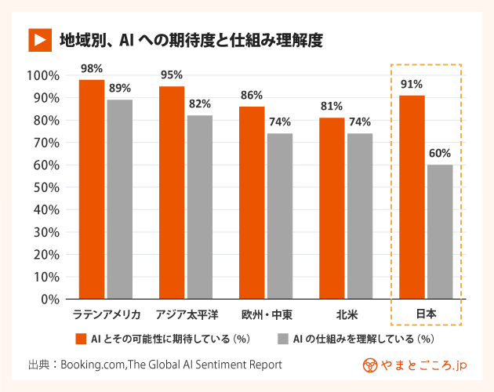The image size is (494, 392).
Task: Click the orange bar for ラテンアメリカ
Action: click(x=92, y=189)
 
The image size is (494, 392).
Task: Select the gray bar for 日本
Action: click(x=440, y=231)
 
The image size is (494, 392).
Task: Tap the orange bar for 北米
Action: click(x=332, y=208)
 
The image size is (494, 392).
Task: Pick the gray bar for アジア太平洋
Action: click(x=200, y=207)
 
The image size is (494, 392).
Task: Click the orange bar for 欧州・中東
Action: click(x=252, y=202)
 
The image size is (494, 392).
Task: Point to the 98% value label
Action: click(x=92, y=69)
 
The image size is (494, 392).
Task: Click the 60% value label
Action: click(x=440, y=154)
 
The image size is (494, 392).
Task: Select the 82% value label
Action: click(x=200, y=103)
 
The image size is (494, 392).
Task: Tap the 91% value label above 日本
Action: click(x=412, y=84)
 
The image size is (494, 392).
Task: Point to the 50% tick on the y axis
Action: click(x=44, y=187)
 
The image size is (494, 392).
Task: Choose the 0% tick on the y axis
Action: click(x=49, y=299)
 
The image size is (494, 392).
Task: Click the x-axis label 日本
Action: click(x=426, y=314)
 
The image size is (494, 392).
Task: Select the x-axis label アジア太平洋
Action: click(x=187, y=314)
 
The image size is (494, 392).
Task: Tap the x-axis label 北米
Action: click(x=345, y=314)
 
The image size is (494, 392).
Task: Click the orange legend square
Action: click(x=80, y=339)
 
